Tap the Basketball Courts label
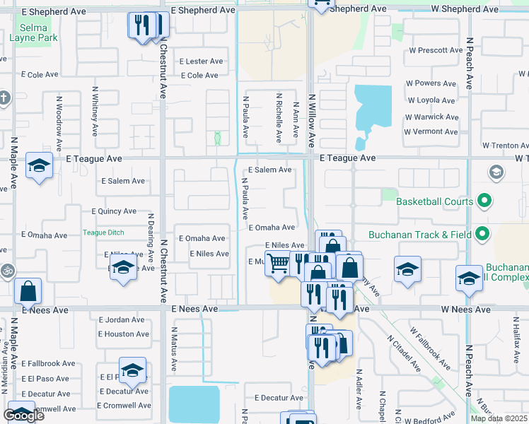click(x=434, y=202)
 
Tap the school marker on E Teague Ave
click(x=39, y=167)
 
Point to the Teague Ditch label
click(x=103, y=232)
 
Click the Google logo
click(x=23, y=415)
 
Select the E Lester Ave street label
click(x=201, y=61)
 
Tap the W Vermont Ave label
click(x=431, y=131)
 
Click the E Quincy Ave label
click(x=114, y=211)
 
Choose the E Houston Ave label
click(x=124, y=334)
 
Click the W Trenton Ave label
click(x=505, y=145)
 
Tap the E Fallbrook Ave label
click(x=48, y=363)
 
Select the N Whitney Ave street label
click(x=95, y=112)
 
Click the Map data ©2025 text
click(x=499, y=418)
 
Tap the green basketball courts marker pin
click(x=484, y=202)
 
